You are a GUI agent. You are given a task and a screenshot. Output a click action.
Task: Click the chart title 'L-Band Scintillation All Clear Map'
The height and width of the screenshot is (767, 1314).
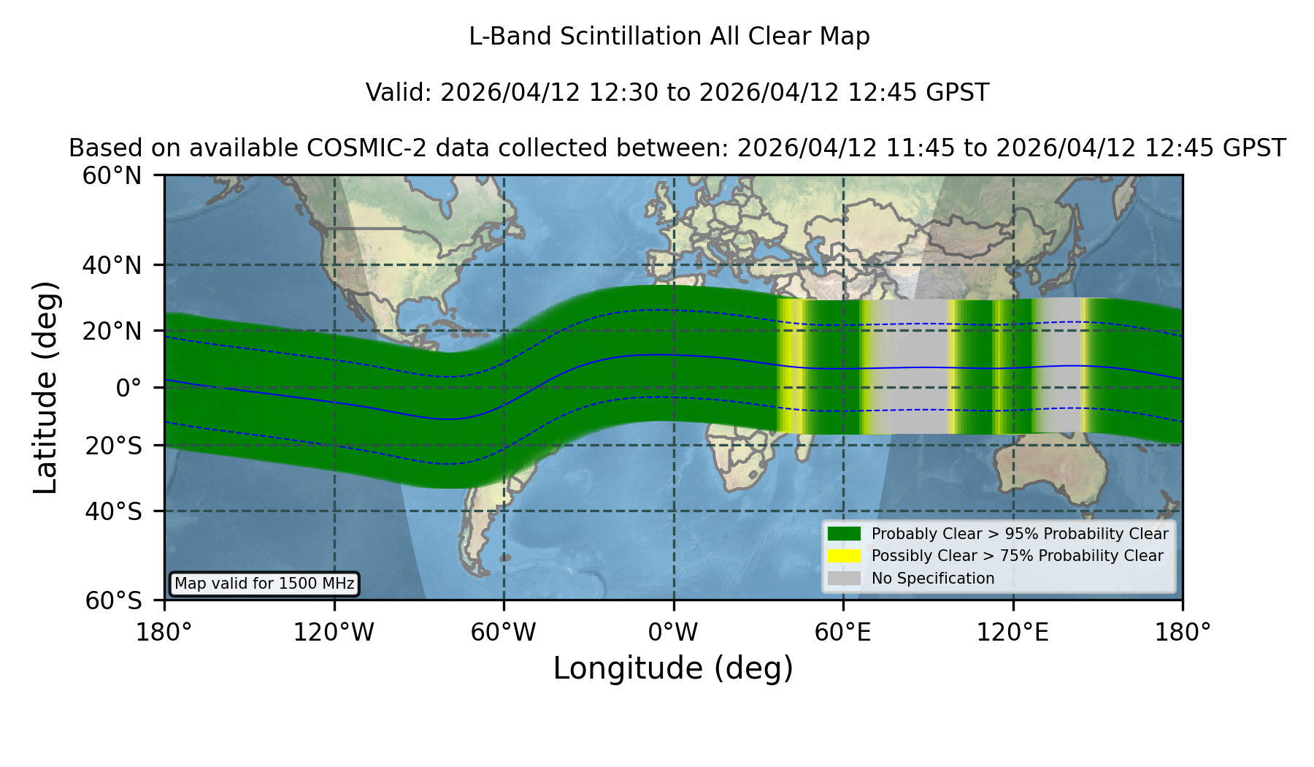(669, 37)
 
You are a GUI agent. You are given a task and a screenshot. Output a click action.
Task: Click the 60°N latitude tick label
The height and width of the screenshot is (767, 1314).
(112, 176)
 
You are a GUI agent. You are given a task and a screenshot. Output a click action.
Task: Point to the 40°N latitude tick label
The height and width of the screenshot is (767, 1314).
(112, 265)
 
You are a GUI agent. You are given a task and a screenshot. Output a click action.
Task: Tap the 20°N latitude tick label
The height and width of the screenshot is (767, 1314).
(112, 331)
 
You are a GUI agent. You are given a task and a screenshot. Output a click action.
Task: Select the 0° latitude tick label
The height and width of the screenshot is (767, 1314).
(128, 388)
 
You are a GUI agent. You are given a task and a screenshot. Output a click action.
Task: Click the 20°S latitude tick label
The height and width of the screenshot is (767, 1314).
(113, 446)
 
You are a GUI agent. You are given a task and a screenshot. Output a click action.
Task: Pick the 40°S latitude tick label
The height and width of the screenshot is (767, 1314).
(113, 511)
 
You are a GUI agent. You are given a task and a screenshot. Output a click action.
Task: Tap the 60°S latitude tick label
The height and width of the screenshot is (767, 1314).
(113, 600)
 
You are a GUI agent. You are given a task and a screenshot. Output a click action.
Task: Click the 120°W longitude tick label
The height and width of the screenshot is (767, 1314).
(334, 632)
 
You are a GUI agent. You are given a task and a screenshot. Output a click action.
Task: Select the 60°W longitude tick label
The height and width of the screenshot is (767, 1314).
(504, 632)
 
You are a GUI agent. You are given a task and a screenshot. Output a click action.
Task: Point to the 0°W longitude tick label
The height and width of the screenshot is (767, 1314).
(673, 632)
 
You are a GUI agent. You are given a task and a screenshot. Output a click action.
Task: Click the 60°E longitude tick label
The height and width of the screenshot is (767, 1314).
(843, 632)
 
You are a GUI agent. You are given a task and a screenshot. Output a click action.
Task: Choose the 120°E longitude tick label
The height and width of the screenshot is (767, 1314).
(1013, 632)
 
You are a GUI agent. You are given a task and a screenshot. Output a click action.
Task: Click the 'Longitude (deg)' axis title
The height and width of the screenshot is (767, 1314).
(673, 668)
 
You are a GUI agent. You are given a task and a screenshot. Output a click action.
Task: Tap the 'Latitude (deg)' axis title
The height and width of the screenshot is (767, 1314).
(45, 387)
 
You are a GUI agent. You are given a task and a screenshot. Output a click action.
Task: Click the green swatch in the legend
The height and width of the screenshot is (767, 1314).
(845, 533)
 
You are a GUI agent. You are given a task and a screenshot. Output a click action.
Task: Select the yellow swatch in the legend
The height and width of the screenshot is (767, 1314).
(845, 556)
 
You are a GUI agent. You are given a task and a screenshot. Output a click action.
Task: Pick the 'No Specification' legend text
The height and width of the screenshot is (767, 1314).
(933, 579)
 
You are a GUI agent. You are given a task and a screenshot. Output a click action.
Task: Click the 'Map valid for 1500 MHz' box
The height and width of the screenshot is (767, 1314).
(264, 584)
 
